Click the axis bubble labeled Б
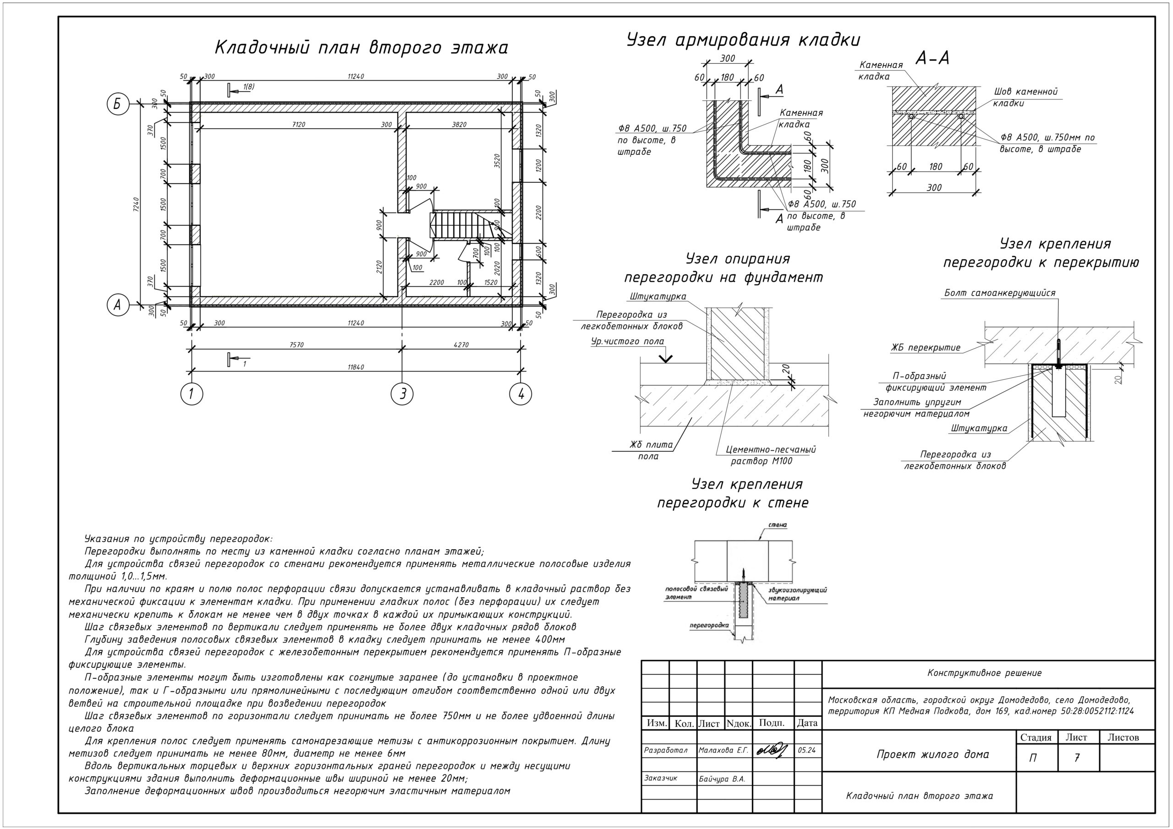pos(117,104)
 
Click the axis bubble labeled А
pos(117,305)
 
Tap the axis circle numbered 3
pos(402,394)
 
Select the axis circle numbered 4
pos(521,394)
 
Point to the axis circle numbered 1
pos(192,394)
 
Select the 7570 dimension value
pos(296,345)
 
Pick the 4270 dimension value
pos(461,345)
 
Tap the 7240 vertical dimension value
pos(136,204)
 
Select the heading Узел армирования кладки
pos(743,40)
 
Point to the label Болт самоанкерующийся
pos(999,293)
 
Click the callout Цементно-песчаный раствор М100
pos(770,455)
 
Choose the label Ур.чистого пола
pos(627,341)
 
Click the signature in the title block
pos(773,750)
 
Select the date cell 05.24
pos(807,750)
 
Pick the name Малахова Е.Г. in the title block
pos(724,750)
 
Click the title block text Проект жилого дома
pos(933,754)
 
